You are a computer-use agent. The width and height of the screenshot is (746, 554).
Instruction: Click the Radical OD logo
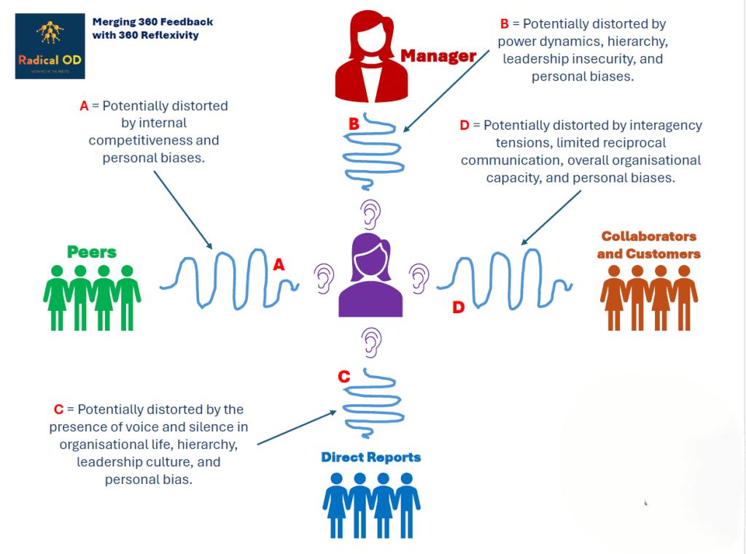(x=50, y=46)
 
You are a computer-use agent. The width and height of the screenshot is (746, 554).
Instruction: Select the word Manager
(x=438, y=55)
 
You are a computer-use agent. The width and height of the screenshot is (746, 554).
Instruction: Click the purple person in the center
(x=370, y=276)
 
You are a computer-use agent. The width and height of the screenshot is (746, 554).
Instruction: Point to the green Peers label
(x=92, y=252)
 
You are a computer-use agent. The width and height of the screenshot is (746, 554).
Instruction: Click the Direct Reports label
(x=371, y=457)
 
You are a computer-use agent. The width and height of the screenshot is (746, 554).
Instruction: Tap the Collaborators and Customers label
(x=648, y=245)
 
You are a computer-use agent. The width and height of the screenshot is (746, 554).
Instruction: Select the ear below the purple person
(x=373, y=340)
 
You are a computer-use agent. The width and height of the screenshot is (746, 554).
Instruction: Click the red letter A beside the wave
(x=279, y=266)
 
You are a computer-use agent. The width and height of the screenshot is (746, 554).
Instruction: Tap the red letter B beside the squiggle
(x=354, y=124)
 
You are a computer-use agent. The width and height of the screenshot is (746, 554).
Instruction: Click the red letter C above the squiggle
(x=344, y=377)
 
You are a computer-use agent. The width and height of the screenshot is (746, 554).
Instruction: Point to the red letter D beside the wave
(x=458, y=308)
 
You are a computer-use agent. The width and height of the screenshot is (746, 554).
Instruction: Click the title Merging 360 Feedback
(x=152, y=22)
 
